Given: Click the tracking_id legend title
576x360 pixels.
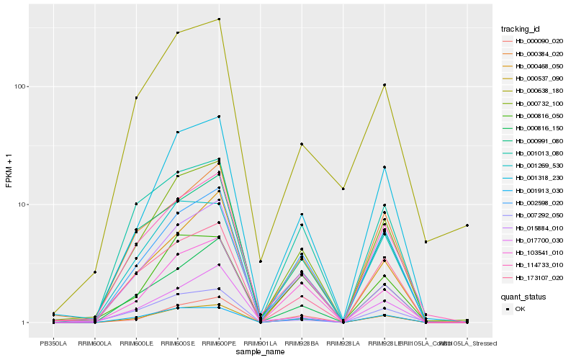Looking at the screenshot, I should coord(521,29).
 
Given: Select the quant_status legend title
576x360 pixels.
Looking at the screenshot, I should coord(524,296).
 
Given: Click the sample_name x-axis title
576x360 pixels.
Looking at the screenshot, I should coord(259,353).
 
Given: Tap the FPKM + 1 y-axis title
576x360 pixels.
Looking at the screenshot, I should coord(9,175).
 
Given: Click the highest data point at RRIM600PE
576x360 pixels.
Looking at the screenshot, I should coord(219,19).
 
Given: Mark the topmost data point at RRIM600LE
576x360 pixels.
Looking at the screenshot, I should coord(136,97).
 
